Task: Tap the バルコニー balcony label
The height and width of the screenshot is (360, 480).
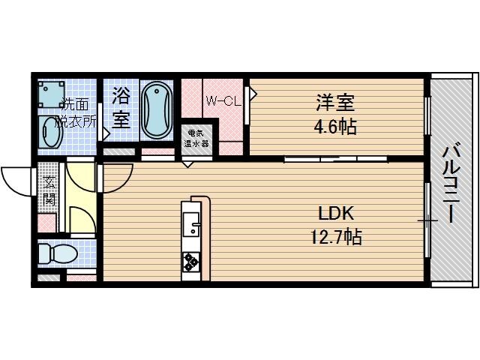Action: pos(452,180)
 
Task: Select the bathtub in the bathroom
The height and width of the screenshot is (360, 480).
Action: pos(157,109)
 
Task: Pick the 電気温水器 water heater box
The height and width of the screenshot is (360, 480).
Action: pos(197,138)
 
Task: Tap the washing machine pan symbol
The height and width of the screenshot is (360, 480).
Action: pos(52,95)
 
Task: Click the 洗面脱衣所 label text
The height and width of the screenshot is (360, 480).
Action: pos(77,111)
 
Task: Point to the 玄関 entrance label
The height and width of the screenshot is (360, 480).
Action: pos(49,190)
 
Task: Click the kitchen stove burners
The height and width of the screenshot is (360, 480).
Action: pos(191,262)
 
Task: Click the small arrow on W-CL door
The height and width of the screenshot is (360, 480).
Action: pos(253,95)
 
